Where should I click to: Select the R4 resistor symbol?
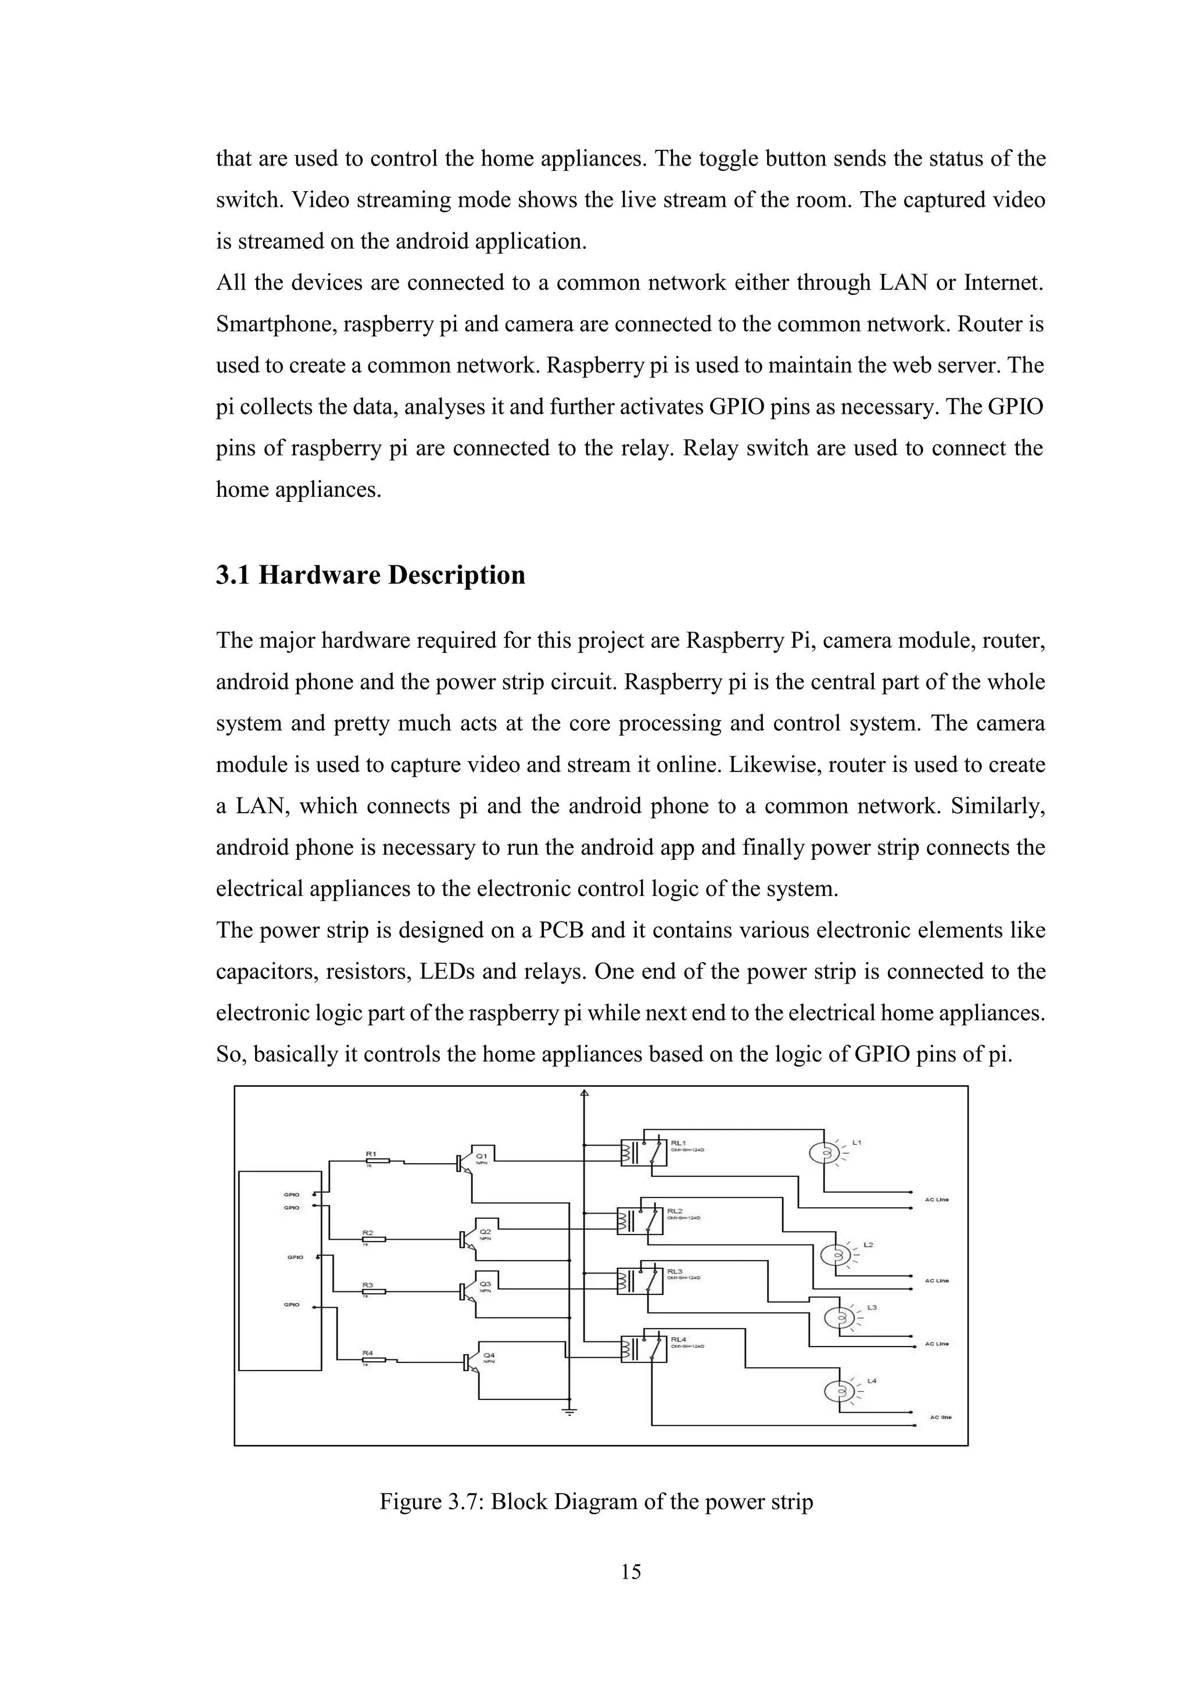tap(374, 1360)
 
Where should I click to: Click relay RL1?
tap(644, 1152)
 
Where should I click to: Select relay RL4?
tap(644, 1348)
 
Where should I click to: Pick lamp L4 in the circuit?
tap(840, 1391)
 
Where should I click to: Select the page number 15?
tap(630, 1571)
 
